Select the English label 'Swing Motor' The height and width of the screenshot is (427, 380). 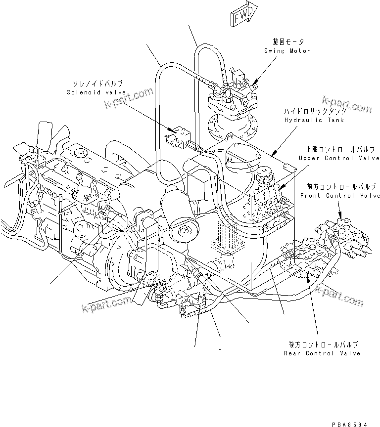pos(287,51)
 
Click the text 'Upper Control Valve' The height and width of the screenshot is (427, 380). pos(339,158)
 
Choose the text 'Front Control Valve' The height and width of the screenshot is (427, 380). pos(340,196)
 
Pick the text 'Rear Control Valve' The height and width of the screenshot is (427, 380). pos(322,353)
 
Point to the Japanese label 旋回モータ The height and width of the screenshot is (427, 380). pos(288,43)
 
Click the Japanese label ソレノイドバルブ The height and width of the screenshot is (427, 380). pos(97,84)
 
